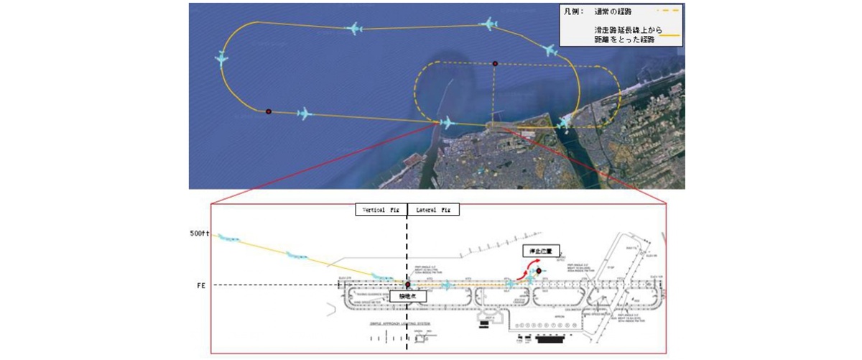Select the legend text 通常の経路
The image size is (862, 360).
click(614, 11)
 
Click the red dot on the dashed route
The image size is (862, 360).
click(495, 63)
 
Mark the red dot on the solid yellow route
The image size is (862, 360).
click(269, 111)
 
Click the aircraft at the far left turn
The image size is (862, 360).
click(222, 59)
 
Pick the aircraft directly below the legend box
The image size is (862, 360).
click(550, 51)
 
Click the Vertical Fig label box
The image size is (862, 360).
click(381, 209)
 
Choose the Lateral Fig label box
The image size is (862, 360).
click(434, 209)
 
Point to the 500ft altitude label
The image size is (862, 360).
click(199, 234)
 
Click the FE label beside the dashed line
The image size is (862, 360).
click(202, 285)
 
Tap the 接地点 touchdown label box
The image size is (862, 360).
click(405, 295)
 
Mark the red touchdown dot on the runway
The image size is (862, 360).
click(407, 284)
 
